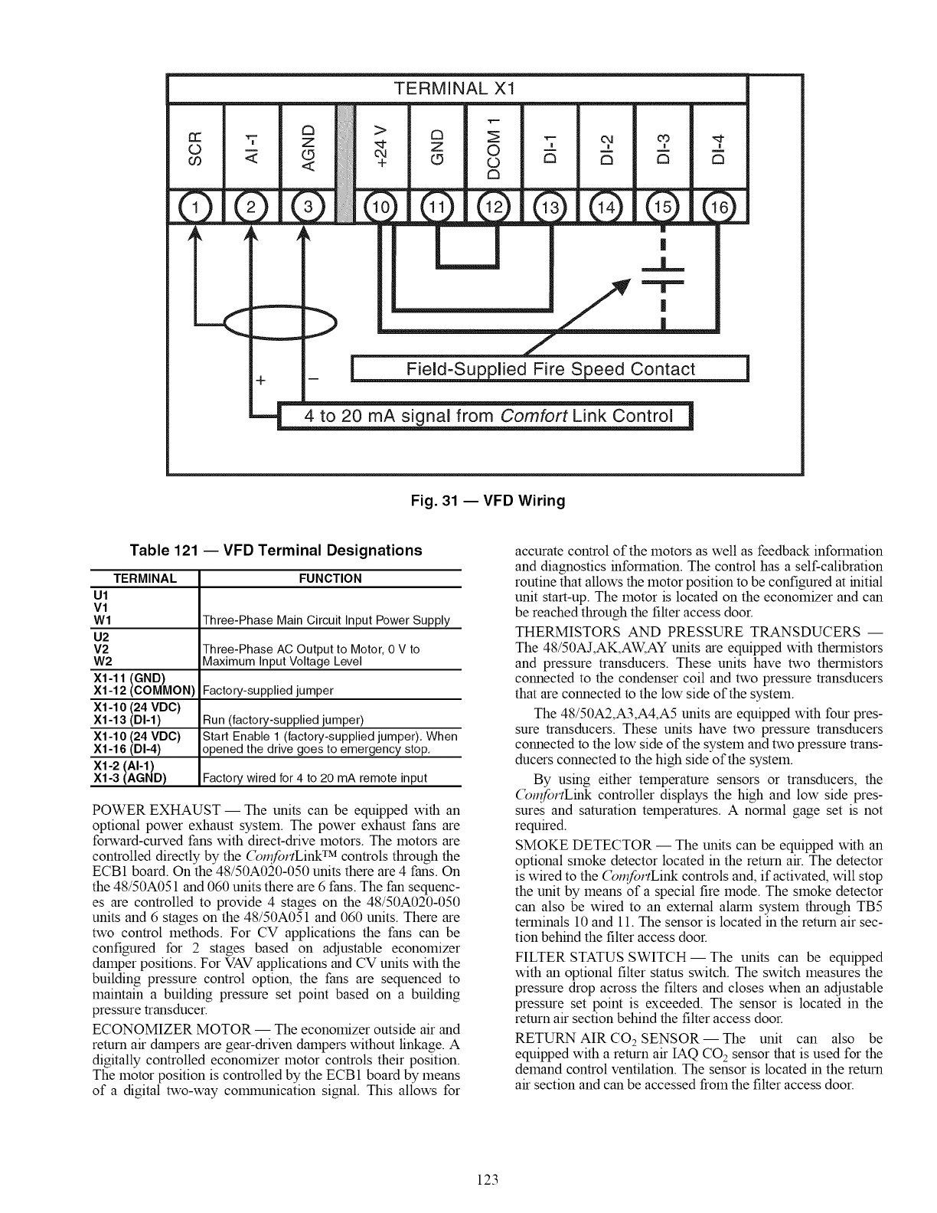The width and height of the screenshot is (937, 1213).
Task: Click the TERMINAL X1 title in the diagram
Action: tap(456, 88)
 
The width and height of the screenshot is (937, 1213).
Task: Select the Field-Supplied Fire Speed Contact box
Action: tap(548, 369)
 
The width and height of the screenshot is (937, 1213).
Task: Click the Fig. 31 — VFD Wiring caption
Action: tap(482, 501)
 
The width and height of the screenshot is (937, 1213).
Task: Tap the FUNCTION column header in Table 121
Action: tap(331, 579)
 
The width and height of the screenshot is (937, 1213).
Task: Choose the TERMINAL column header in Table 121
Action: tap(145, 579)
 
